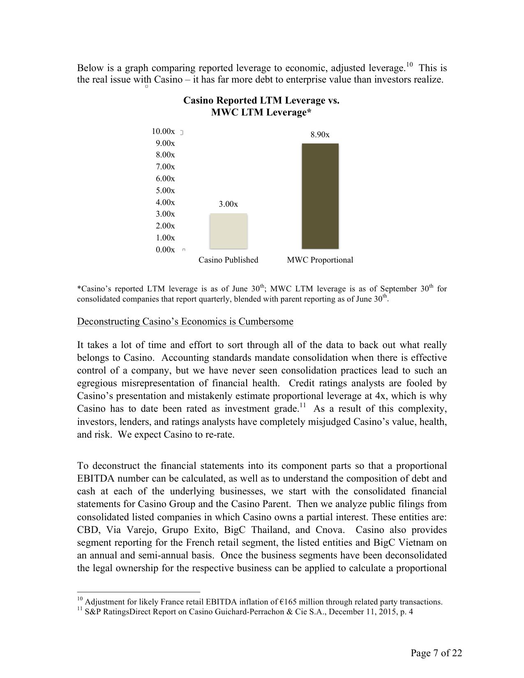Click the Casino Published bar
pos(228,231)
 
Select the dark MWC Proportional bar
pos(320,196)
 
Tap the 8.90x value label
pos(320,135)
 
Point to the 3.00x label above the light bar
pos(228,204)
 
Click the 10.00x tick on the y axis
pos(163,131)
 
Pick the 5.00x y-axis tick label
pos(165,191)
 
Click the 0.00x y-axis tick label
pos(165,250)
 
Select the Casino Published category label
pos(228,260)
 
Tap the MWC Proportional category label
pos(320,260)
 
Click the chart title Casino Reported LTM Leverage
pos(261,101)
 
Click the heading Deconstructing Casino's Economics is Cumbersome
pos(185,321)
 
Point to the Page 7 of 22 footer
pos(436,653)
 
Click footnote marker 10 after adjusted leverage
pos(409,65)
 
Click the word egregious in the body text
pos(97,383)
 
